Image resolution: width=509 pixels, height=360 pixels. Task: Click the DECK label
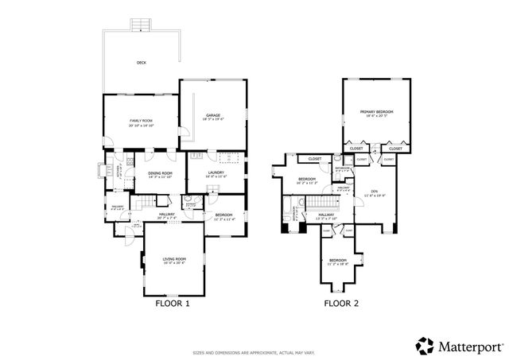pos(141,62)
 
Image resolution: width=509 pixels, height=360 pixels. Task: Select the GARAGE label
pos(212,116)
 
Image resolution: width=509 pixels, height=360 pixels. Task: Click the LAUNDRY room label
pos(216,172)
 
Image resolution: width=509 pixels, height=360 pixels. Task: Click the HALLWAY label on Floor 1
pos(166,214)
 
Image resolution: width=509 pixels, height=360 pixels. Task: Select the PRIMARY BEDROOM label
pos(377,112)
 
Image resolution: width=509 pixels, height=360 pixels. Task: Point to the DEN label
pos(374,192)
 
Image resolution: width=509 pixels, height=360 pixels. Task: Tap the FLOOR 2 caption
pos(342,303)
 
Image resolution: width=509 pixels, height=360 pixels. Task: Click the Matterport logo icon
pos(425,345)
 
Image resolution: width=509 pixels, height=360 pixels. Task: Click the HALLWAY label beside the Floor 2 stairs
pos(327,215)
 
